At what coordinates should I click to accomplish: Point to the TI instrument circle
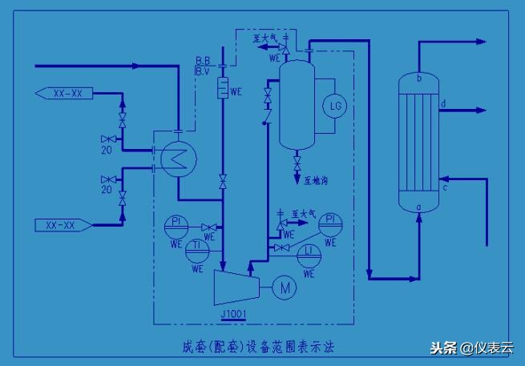pos(196,251)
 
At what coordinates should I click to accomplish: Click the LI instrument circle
pos(309,252)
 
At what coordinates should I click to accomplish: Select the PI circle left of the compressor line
pos(176,225)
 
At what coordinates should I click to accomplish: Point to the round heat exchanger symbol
pos(173,157)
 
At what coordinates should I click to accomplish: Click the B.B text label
pos(203,61)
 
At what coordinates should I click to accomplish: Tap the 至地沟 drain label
pos(315,181)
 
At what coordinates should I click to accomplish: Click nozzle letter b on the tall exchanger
pos(419,78)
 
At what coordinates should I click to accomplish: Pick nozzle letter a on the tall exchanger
pos(419,207)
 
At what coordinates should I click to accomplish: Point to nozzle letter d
pos(444,103)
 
